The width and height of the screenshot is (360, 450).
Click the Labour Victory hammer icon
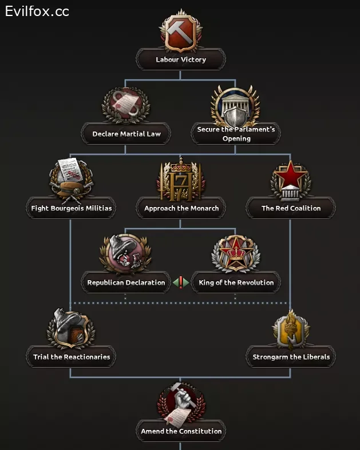click(180, 33)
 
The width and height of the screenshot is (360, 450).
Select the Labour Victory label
click(180, 59)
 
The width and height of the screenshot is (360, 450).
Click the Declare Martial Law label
click(126, 134)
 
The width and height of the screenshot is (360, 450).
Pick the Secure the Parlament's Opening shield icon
click(236, 107)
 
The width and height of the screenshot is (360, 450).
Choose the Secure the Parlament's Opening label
click(236, 134)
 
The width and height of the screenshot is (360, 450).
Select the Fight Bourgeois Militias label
click(72, 208)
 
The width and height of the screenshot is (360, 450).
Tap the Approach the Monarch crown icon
click(180, 179)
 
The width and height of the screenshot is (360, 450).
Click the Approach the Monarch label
click(181, 208)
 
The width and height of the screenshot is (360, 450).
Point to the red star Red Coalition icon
click(290, 179)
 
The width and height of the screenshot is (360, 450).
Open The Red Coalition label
click(291, 208)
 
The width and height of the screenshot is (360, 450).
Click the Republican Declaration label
click(126, 282)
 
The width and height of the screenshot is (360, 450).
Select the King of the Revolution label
click(236, 282)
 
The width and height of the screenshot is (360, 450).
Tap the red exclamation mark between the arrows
click(181, 282)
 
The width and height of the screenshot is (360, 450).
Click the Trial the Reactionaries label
click(71, 357)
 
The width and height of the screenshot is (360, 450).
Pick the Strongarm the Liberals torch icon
click(290, 329)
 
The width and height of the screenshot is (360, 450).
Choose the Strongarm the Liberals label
click(291, 357)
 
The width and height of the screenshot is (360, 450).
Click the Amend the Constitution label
click(181, 431)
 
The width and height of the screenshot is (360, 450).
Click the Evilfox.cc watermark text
click(37, 11)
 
